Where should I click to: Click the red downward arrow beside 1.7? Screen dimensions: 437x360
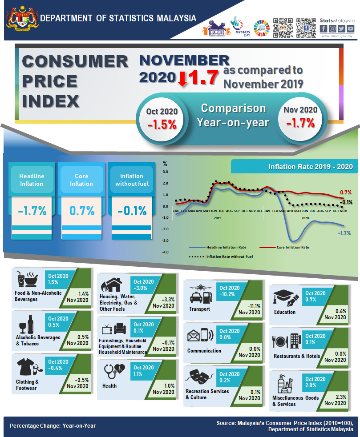[182, 79]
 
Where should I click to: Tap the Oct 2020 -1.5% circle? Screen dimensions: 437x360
[162, 118]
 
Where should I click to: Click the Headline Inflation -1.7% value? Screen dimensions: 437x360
[32, 210]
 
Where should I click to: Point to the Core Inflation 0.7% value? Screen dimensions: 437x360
[81, 210]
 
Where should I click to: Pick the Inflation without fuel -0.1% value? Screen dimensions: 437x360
[132, 210]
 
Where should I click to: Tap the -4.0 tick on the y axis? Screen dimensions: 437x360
[165, 252]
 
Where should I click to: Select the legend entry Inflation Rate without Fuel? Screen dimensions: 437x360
[229, 257]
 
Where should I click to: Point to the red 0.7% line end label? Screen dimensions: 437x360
[345, 192]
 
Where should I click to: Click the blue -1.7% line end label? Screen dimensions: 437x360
[344, 233]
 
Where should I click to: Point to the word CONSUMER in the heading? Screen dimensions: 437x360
[74, 61]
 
